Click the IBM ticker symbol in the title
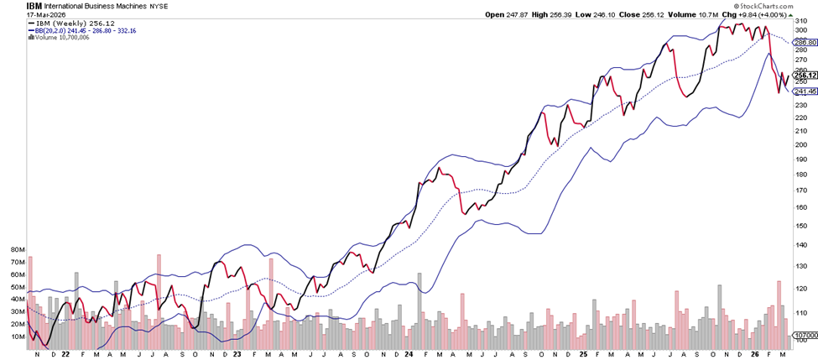tap(12, 5)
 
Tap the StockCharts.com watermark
tap(785, 5)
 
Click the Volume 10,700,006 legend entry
tap(60, 37)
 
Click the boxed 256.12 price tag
tap(805, 75)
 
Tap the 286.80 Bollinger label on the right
tap(805, 42)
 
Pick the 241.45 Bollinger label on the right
tap(805, 91)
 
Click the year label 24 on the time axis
tap(406, 354)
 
